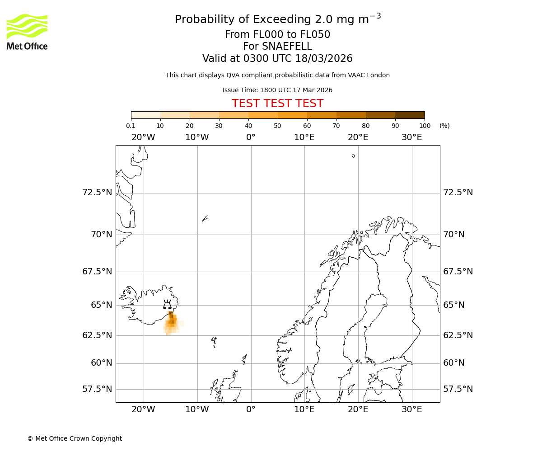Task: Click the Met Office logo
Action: pyautogui.click(x=27, y=32)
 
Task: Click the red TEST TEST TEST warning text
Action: pyautogui.click(x=277, y=104)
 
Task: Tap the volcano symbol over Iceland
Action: pyautogui.click(x=167, y=305)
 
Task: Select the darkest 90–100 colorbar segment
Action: pyautogui.click(x=410, y=115)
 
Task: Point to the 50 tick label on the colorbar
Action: pyautogui.click(x=277, y=126)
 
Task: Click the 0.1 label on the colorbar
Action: pyautogui.click(x=131, y=126)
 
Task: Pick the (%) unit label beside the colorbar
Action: pyautogui.click(x=444, y=126)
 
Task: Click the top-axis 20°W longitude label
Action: pyautogui.click(x=143, y=137)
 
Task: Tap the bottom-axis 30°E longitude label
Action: pyautogui.click(x=411, y=410)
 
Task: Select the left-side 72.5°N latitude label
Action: pyautogui.click(x=97, y=193)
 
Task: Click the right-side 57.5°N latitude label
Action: pyautogui.click(x=458, y=389)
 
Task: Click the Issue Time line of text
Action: pyautogui.click(x=277, y=90)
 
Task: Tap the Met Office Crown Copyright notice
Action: pyautogui.click(x=75, y=438)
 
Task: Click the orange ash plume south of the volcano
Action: pyautogui.click(x=172, y=322)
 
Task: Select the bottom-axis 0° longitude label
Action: pyautogui.click(x=251, y=410)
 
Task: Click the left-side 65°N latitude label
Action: pyautogui.click(x=101, y=305)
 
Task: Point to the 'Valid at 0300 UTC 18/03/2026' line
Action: pyautogui.click(x=277, y=58)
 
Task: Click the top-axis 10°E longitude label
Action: pyautogui.click(x=304, y=137)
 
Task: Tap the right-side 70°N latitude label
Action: pyautogui.click(x=454, y=235)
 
